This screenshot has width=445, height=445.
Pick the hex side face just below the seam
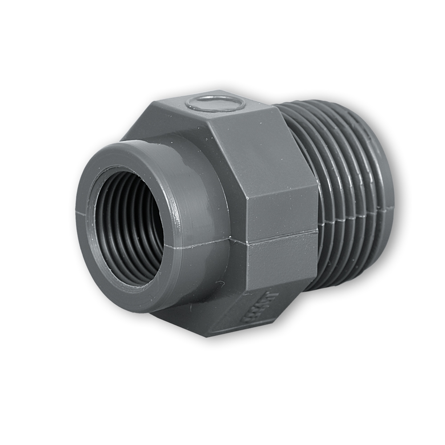(280, 263)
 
